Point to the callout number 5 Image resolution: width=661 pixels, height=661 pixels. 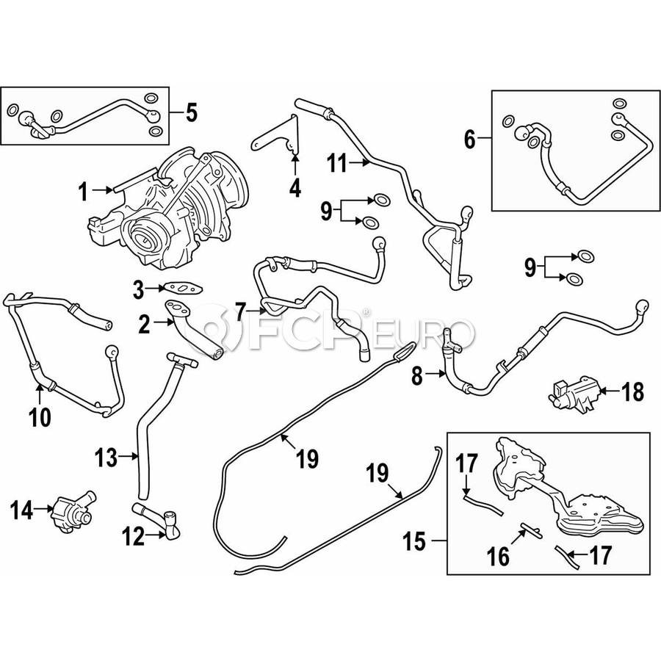pos(190,113)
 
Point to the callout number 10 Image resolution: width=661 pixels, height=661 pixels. pos(40,417)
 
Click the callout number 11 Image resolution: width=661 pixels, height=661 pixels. pos(337,163)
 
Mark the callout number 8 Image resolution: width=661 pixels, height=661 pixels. pos(416,377)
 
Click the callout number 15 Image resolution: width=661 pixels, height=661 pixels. pos(415,543)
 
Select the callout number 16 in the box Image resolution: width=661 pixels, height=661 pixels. pos(499,556)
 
